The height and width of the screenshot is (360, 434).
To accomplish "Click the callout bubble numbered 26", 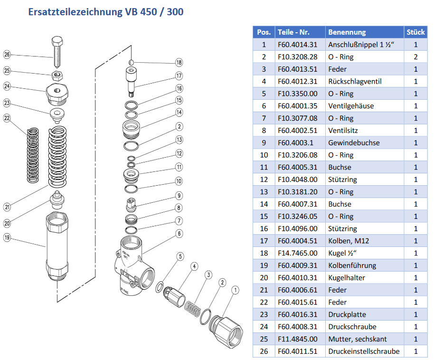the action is (7, 55).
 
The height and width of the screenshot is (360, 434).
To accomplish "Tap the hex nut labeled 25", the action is (57, 75).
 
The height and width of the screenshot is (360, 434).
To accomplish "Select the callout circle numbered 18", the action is (179, 63).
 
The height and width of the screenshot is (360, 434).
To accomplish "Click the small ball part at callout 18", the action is (132, 62).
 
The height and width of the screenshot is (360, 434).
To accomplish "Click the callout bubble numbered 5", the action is (180, 256).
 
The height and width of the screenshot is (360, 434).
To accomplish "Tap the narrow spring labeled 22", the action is (33, 155).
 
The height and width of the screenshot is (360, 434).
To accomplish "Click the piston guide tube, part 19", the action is (57, 246).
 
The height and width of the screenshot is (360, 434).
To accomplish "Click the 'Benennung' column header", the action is (347, 32).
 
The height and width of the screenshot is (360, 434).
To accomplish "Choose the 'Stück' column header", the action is (415, 32).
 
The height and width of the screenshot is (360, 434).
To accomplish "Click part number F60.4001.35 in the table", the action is (298, 106).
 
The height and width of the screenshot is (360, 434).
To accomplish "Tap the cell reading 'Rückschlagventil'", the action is (355, 81).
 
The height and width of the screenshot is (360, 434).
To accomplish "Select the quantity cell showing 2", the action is (415, 57).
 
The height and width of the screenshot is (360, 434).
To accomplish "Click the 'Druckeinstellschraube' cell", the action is (364, 351).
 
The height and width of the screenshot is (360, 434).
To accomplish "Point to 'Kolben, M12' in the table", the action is (349, 241).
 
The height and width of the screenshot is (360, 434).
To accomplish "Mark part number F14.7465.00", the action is (298, 253).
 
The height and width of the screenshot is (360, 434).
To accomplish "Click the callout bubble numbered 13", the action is (179, 140).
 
